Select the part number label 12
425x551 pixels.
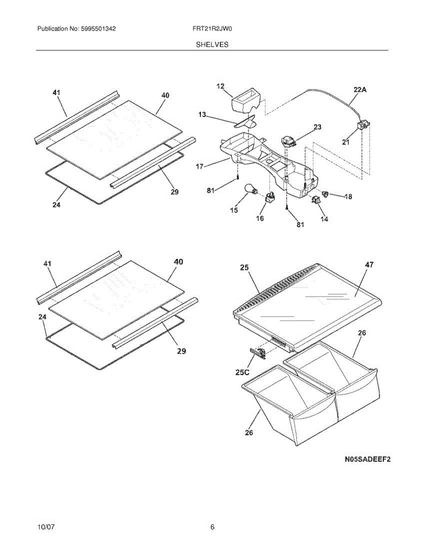pos(221,86)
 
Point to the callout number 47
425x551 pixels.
pos(369,264)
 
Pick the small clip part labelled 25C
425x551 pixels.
pos(259,352)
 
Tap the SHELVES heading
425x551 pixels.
pos(212,45)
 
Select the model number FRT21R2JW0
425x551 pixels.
pos(212,29)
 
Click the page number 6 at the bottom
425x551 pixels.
pos(212,527)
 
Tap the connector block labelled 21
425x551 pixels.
pos(364,124)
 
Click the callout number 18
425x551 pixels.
pos(348,197)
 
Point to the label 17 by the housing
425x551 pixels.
pos(199,167)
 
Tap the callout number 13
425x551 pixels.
pos(202,115)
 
